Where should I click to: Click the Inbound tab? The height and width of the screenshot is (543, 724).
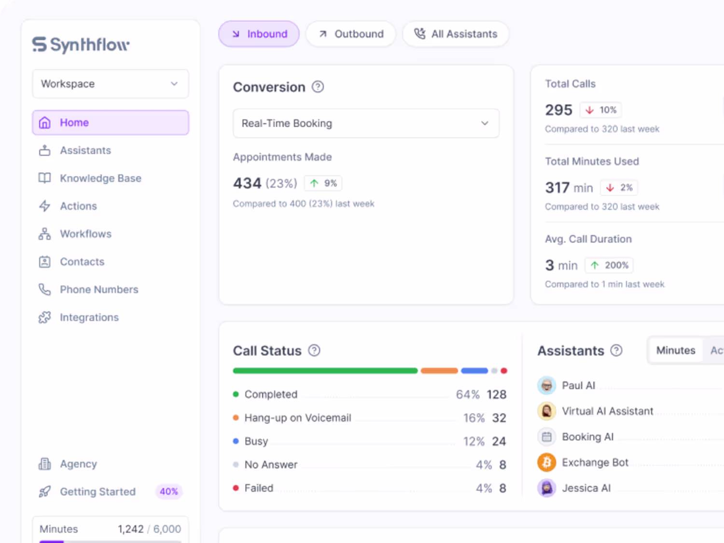259,34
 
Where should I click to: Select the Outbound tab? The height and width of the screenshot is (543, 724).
350,34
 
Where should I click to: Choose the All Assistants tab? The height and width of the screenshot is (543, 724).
456,34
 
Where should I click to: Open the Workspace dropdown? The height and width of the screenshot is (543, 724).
111,84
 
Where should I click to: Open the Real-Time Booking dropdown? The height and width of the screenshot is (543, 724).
366,123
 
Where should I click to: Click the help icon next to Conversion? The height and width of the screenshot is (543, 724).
318,87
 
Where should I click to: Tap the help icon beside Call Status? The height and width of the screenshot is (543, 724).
314,350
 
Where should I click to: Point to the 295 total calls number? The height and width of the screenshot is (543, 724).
558,110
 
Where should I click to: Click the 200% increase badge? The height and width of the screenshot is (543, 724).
609,265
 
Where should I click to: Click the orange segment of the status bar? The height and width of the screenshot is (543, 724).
439,371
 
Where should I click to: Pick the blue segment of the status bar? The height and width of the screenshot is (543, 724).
474,371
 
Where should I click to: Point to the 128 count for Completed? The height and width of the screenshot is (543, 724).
496,394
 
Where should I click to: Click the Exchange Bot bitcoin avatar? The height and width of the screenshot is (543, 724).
546,462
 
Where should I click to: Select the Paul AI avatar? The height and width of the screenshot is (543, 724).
546,385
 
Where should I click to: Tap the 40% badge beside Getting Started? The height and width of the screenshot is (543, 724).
169,491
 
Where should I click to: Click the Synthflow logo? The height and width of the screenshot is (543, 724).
81,45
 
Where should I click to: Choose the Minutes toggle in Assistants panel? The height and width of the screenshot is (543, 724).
676,350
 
